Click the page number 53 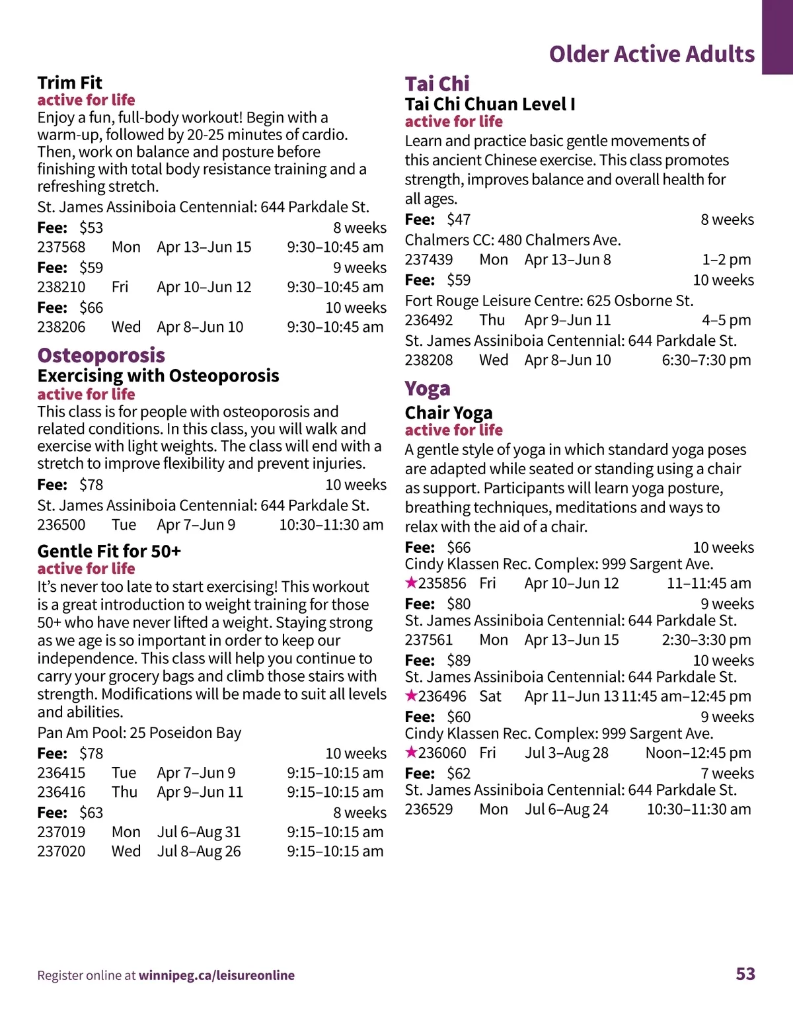(745, 973)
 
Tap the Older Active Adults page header (652, 54)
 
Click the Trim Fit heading (69, 83)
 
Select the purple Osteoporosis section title (101, 355)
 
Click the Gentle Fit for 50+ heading (109, 551)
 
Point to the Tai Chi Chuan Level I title (490, 104)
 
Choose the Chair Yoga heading (449, 413)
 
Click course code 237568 (61, 247)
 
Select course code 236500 (61, 525)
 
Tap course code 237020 (61, 851)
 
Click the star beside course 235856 (411, 583)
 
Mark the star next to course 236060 (411, 752)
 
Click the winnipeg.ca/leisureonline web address (217, 975)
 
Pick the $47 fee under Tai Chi (459, 220)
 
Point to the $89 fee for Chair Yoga (459, 660)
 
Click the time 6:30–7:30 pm (706, 360)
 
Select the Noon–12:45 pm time (698, 753)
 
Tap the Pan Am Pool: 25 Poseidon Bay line (139, 733)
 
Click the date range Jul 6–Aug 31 (199, 832)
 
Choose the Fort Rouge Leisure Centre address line (549, 301)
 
